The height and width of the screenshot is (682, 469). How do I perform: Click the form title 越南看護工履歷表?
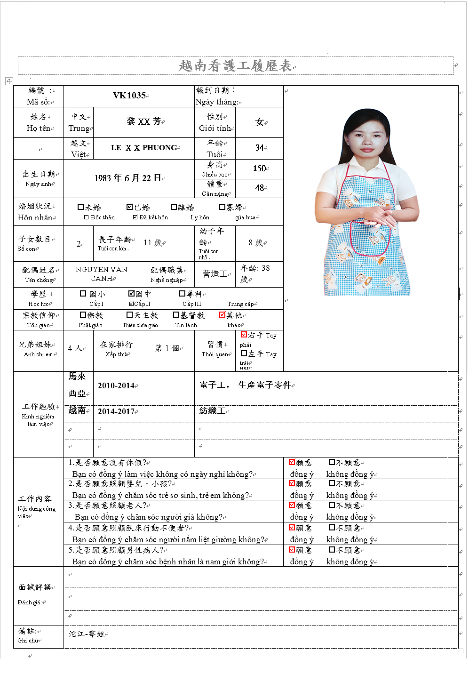[x=235, y=66]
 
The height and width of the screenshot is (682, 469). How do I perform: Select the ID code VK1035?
[x=129, y=96]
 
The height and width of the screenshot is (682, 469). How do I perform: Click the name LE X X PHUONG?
[x=144, y=148]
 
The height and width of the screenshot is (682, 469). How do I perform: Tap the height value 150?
[x=259, y=168]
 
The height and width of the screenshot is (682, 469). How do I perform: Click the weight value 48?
[x=259, y=188]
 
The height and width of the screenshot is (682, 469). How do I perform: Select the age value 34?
[x=259, y=148]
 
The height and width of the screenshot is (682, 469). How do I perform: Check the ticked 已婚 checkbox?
[x=130, y=207]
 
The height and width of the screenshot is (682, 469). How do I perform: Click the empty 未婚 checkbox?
[x=80, y=207]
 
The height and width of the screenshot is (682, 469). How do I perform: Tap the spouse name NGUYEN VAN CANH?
[x=102, y=273]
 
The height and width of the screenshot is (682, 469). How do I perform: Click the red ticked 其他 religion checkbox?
[x=223, y=315]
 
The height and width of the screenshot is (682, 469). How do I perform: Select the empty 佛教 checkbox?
[x=83, y=315]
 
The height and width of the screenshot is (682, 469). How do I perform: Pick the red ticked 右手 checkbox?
[x=244, y=335]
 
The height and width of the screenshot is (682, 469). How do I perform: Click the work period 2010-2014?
[x=116, y=386]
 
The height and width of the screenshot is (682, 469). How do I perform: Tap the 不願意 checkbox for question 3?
[x=332, y=505]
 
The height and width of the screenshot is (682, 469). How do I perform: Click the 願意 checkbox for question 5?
[x=292, y=549]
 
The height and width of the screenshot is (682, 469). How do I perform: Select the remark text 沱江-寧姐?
[x=87, y=634]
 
